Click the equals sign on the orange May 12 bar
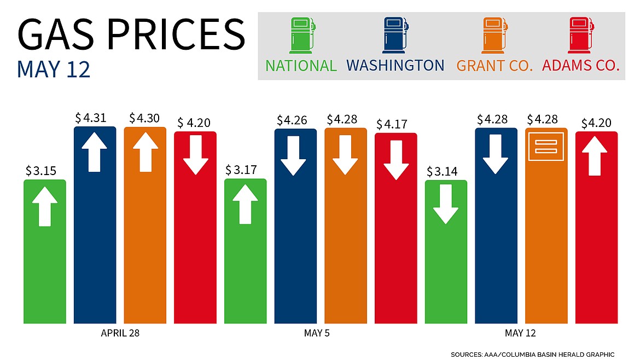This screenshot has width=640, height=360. [x=546, y=146]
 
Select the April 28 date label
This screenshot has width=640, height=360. [x=120, y=333]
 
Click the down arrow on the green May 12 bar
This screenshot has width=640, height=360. [x=446, y=204]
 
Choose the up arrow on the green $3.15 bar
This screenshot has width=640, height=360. [x=44, y=206]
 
